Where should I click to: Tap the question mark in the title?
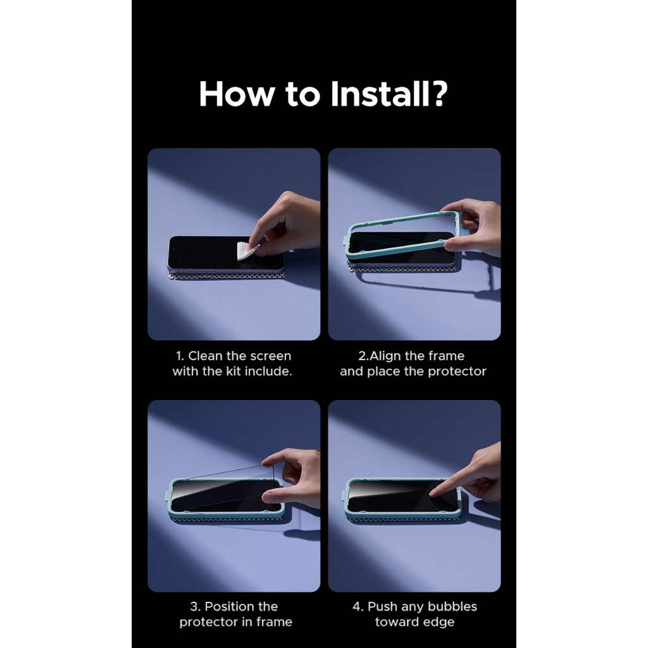pos(439,94)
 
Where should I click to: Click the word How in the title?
pos(237,94)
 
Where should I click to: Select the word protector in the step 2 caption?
pos(457,371)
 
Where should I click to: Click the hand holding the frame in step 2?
pos(471,227)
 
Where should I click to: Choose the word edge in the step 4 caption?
pos(440,623)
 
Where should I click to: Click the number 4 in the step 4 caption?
pos(356,607)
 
